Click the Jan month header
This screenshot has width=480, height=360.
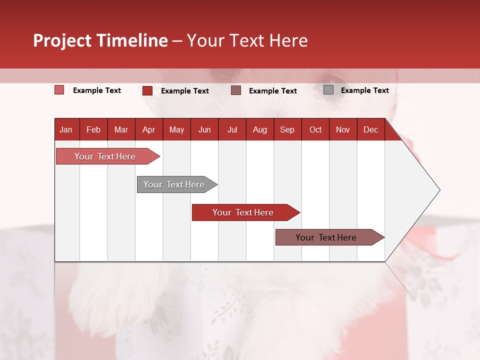(66, 130)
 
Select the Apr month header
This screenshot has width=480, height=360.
(148, 130)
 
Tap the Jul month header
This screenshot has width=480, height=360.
(232, 130)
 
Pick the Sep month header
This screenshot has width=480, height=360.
(287, 130)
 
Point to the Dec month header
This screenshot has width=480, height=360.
(370, 130)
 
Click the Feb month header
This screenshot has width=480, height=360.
(93, 130)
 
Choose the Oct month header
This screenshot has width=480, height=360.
(315, 130)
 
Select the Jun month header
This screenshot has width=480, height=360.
(204, 130)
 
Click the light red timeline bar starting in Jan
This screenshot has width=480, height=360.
(105, 156)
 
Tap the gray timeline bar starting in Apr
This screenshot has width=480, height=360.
(174, 184)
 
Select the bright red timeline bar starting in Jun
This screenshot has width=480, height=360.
(243, 212)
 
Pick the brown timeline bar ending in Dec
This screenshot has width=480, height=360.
(326, 237)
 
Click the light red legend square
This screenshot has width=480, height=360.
(59, 90)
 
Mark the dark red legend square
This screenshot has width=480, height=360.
(147, 90)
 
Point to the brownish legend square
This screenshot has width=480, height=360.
(236, 90)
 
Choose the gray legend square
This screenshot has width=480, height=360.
(328, 90)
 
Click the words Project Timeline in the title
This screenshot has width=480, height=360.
(100, 40)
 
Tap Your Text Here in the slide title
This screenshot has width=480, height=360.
(247, 40)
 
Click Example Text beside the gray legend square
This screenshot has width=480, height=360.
(364, 90)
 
